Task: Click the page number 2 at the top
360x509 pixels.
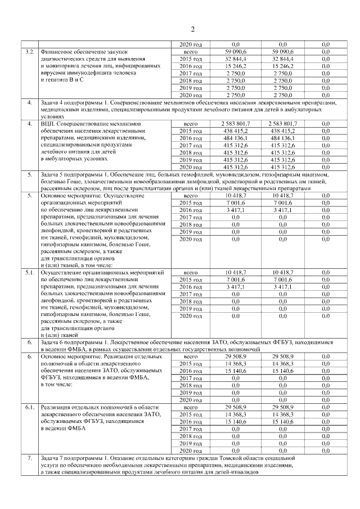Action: point(192,29)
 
